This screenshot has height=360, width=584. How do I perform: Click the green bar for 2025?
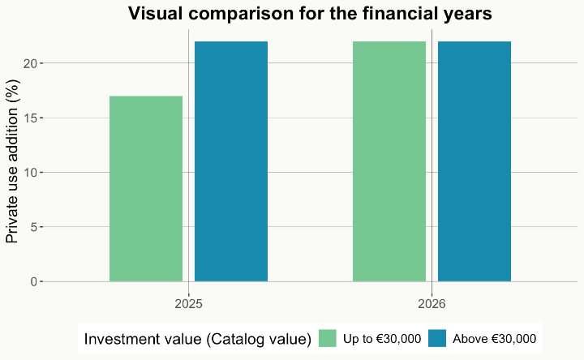(146, 189)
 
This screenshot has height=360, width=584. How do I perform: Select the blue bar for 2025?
(231, 161)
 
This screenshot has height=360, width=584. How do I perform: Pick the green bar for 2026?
(389, 161)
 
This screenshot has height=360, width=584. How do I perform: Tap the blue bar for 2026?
(474, 161)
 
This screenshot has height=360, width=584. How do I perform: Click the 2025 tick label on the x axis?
(188, 304)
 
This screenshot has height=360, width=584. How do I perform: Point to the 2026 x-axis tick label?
(432, 304)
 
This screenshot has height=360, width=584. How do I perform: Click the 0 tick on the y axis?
(34, 282)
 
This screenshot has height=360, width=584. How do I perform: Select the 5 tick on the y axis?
(34, 227)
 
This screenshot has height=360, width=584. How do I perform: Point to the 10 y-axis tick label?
(31, 173)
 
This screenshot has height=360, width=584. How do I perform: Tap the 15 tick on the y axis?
(31, 118)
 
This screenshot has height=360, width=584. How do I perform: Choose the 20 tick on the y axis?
(31, 63)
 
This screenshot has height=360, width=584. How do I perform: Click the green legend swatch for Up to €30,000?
(328, 339)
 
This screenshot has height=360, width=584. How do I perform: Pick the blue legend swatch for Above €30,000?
(437, 339)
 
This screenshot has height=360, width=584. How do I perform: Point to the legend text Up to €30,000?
(381, 339)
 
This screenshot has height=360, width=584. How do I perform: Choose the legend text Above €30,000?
(494, 339)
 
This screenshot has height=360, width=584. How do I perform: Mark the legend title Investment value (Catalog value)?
(198, 339)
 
